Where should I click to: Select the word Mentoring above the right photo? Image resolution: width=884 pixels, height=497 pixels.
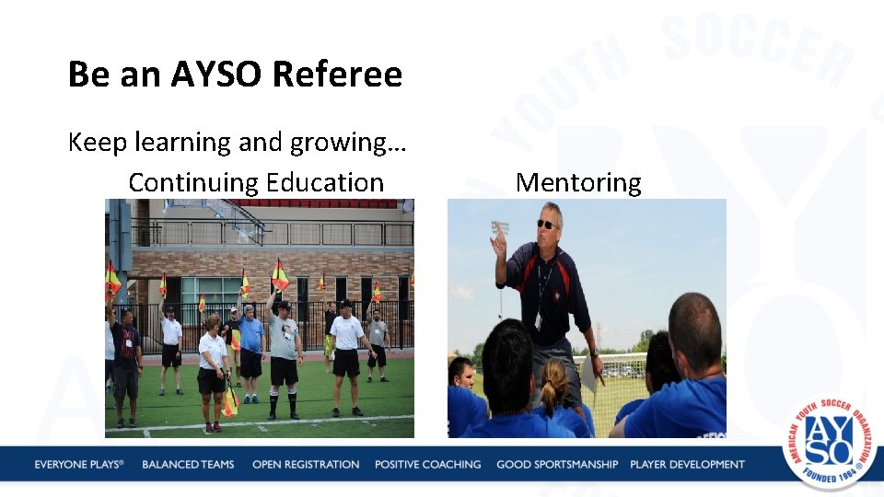pyautogui.click(x=578, y=182)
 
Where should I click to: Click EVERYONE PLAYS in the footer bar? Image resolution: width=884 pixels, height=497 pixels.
pyautogui.click(x=79, y=465)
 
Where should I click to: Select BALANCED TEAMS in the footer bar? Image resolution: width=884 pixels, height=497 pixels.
pyautogui.click(x=188, y=465)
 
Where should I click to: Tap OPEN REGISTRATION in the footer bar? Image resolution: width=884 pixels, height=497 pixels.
pyautogui.click(x=306, y=465)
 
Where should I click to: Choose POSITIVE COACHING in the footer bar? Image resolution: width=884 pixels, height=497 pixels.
pyautogui.click(x=427, y=465)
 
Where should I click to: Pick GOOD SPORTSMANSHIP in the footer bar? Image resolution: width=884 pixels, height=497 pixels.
pyautogui.click(x=557, y=465)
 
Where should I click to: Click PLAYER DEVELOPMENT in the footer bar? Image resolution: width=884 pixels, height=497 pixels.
pyautogui.click(x=687, y=465)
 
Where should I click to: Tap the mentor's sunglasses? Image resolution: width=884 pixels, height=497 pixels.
pyautogui.click(x=547, y=224)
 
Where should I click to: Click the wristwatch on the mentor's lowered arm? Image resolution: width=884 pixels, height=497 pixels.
pyautogui.click(x=594, y=353)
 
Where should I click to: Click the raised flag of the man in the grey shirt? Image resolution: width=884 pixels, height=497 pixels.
pyautogui.click(x=280, y=274)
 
